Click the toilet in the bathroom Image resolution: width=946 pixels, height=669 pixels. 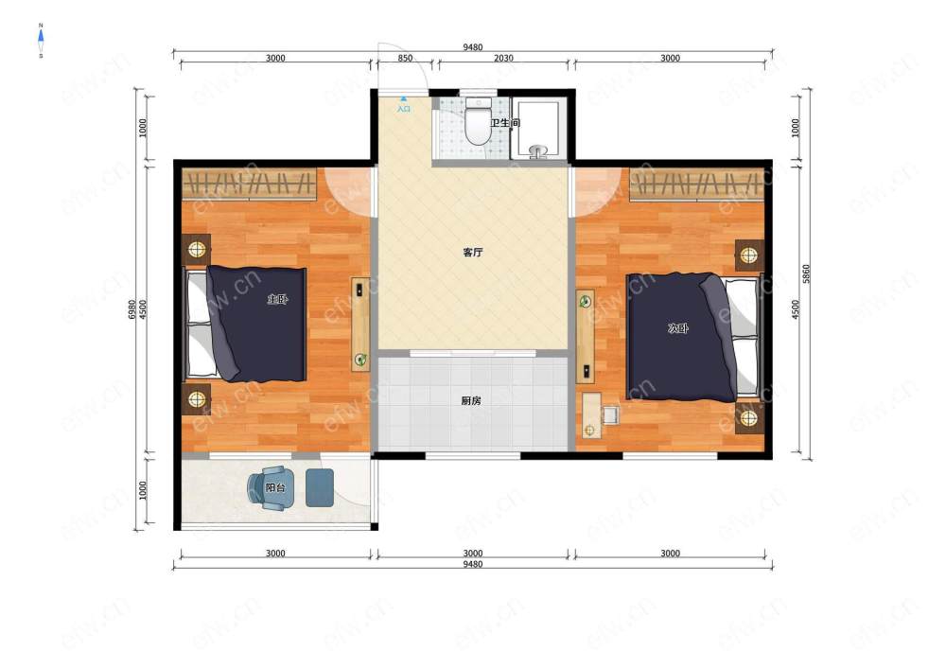(478, 121)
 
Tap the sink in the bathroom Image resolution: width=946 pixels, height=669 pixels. (537, 150)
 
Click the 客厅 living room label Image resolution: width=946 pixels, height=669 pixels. (472, 252)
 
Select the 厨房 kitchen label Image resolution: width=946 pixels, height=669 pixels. (470, 400)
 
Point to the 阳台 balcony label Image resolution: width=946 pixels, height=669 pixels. (275, 486)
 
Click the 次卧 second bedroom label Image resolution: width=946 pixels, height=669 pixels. (678, 328)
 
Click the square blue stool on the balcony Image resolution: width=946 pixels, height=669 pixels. (319, 487)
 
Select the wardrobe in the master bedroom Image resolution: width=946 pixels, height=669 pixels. (249, 184)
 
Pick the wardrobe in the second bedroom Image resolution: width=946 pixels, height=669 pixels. (697, 184)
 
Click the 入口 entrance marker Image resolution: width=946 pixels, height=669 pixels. (404, 106)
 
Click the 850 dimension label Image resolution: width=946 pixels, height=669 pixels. (406, 59)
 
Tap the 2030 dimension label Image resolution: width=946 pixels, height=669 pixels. (504, 59)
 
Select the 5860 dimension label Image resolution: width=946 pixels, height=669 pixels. (807, 273)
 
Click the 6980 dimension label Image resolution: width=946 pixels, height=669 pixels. (132, 309)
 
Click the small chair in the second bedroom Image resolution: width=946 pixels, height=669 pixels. (610, 414)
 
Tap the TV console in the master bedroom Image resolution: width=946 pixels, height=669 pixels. (360, 325)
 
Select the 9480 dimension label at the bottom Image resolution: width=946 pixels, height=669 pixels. (472, 565)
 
